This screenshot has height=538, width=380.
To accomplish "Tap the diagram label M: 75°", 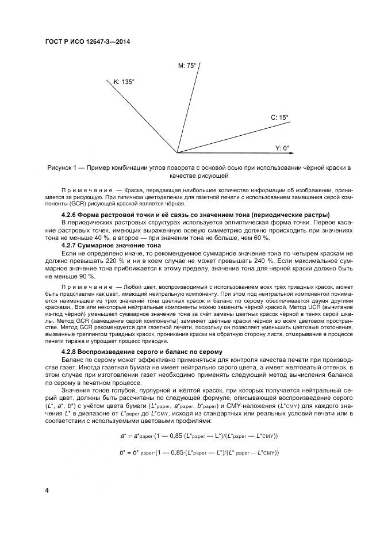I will point(187,66).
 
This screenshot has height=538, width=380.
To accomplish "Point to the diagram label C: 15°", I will point(279,117).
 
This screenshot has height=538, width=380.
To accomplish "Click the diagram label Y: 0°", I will point(282,148).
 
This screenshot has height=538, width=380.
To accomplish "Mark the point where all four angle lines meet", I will point(177,153).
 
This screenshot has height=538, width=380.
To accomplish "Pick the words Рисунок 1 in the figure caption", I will point(63,167).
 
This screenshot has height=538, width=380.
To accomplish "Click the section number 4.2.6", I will point(71,215).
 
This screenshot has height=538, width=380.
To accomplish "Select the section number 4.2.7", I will point(71,245).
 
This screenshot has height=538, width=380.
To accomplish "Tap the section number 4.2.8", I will point(71,351).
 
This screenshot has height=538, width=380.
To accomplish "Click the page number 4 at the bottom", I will point(47,490).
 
